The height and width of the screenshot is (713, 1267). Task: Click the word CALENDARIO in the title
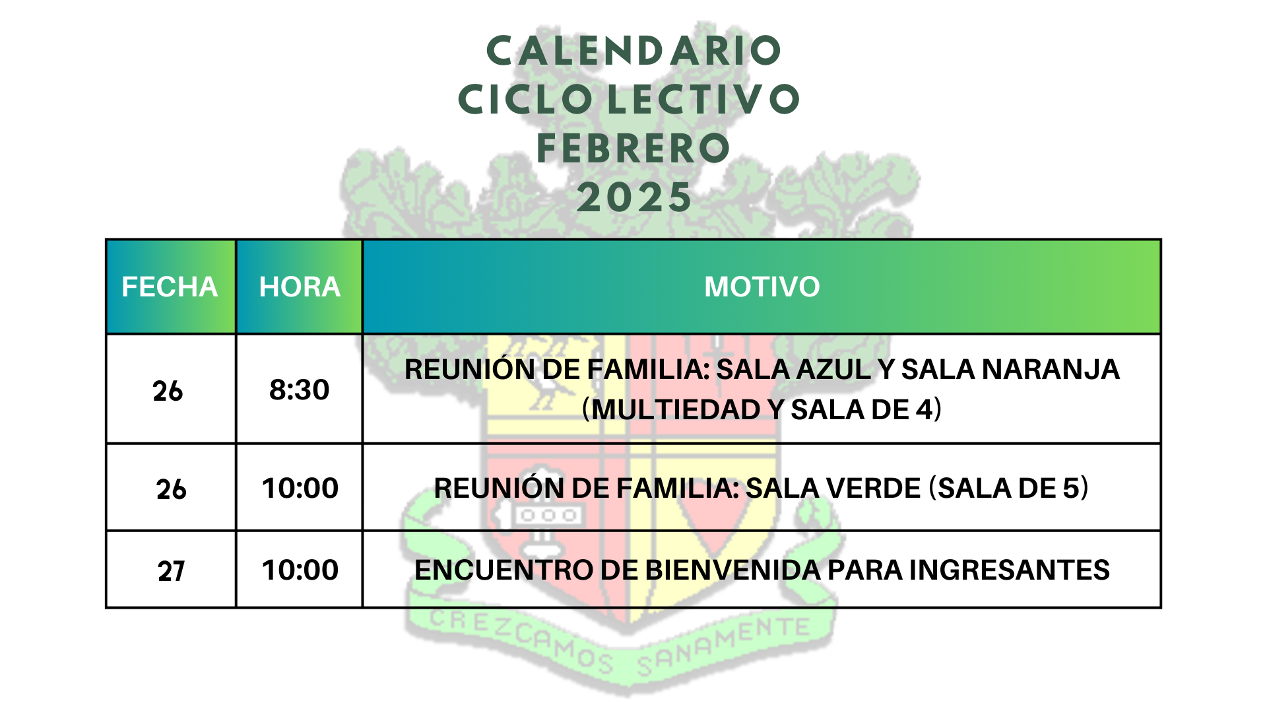click(x=633, y=51)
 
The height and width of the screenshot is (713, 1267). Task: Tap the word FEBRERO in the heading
click(x=633, y=148)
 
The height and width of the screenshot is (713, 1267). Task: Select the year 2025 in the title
click(x=634, y=197)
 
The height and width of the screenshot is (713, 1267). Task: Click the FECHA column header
click(x=170, y=287)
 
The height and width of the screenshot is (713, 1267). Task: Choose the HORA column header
click(x=300, y=287)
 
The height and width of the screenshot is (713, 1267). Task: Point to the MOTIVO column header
click(x=762, y=287)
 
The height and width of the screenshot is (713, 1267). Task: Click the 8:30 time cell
click(x=300, y=390)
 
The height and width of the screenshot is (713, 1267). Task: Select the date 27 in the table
click(x=171, y=571)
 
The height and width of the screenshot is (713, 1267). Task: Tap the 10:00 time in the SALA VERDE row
click(x=300, y=489)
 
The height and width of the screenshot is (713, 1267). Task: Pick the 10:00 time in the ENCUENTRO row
click(x=300, y=570)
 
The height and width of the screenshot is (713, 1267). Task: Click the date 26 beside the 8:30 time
click(x=168, y=391)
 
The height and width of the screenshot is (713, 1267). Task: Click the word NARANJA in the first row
click(x=1051, y=370)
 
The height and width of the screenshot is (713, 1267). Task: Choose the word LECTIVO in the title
click(x=703, y=100)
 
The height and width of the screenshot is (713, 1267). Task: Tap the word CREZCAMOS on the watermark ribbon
click(x=521, y=640)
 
